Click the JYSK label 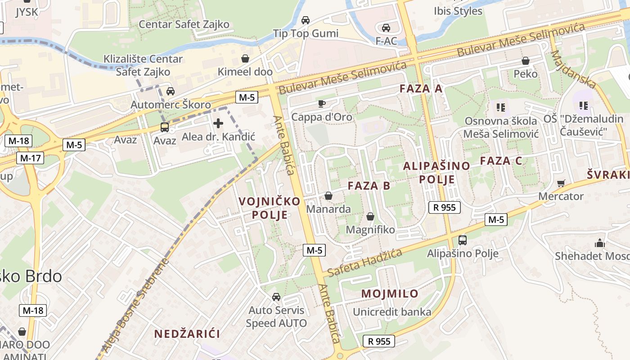27,12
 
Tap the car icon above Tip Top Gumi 306,20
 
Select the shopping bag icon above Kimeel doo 245,58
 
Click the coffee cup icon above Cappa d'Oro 321,104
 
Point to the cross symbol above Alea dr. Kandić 218,123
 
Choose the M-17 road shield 31,158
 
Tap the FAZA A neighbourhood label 421,89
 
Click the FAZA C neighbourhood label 501,161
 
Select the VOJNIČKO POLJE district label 269,208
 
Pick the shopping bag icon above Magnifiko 370,217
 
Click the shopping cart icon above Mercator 561,183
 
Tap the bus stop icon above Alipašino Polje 462,240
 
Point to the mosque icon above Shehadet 599,243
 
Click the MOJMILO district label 390,294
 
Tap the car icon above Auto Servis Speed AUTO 276,297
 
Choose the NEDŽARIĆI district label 187,334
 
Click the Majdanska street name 573,69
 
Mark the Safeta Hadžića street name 365,263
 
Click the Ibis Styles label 458,11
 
